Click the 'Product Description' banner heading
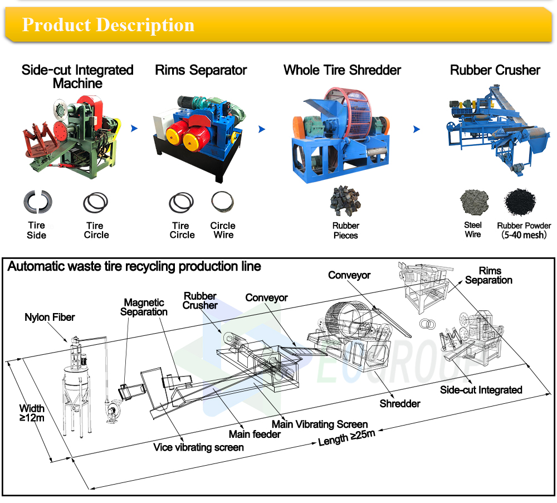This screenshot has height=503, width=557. tap(108, 25)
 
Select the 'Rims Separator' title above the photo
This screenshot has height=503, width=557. tap(201, 70)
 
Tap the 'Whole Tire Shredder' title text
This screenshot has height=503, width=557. tap(342, 70)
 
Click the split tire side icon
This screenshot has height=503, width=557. tap(36, 202)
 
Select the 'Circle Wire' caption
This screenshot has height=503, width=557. tap(223, 230)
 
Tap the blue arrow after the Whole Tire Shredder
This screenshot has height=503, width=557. tap(417, 129)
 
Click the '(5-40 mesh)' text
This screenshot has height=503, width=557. tap(524, 235)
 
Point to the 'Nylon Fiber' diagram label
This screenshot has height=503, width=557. tap(50, 318)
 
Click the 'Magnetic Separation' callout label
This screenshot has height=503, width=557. tap(144, 307)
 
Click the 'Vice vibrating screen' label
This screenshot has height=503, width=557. tap(198, 447)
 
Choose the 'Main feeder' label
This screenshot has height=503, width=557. tap(255, 434)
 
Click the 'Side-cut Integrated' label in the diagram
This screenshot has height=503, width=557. tap(481, 390)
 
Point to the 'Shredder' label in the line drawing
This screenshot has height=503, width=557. tap(400, 403)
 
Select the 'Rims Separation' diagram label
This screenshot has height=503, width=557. tap(488, 275)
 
